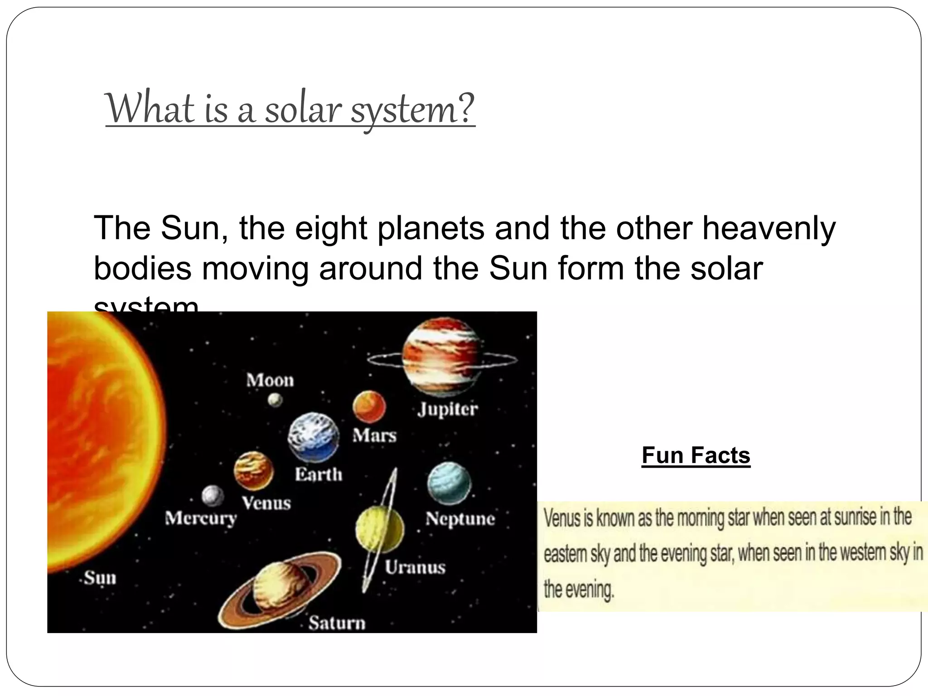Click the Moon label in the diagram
tap(270, 380)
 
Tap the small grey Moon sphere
tap(275, 400)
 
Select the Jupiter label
tap(448, 409)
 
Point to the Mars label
tap(374, 435)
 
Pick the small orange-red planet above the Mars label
tap(369, 406)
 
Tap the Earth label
tap(319, 474)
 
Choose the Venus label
tap(266, 503)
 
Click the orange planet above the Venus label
tap(254, 471)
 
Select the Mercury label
tap(201, 518)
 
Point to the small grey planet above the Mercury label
tap(213, 496)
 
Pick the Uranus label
tap(415, 567)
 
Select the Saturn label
tap(337, 623)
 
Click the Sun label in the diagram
tap(100, 578)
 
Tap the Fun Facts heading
tap(696, 455)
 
